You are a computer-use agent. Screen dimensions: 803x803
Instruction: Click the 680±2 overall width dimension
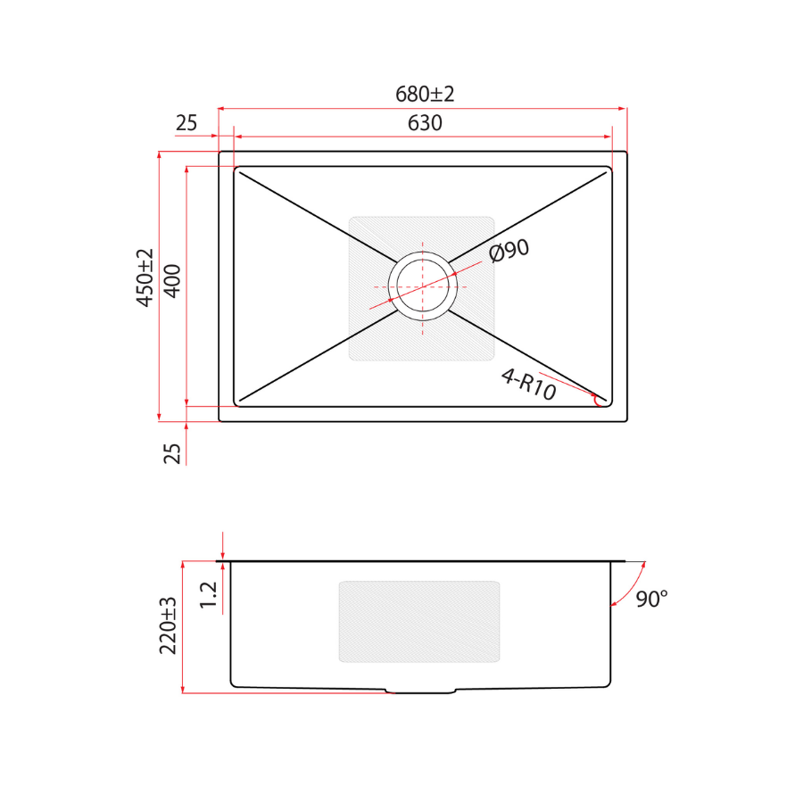click(425, 95)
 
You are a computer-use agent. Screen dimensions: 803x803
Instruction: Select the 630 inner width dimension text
click(425, 123)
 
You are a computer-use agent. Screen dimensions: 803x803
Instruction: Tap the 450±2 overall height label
click(145, 278)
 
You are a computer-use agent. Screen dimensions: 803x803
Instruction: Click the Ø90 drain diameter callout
click(509, 252)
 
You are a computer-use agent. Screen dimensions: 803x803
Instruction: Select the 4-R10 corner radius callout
click(528, 385)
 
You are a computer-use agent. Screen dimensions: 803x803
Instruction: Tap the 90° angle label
click(651, 599)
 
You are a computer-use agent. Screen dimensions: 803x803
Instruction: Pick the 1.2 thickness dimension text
click(208, 595)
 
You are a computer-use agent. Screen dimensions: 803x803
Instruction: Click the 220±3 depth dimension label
click(169, 625)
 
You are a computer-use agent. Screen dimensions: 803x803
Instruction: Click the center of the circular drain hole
click(423, 286)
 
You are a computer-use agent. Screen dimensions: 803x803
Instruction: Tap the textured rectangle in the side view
click(419, 622)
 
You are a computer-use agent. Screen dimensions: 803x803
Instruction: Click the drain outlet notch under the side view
click(422, 691)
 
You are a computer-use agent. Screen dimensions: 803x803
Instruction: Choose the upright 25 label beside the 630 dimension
click(186, 123)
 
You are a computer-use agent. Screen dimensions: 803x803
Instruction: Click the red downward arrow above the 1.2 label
click(223, 544)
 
